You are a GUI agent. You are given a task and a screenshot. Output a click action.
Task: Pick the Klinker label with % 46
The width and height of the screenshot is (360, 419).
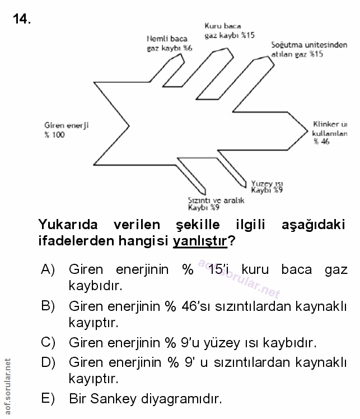click(330, 133)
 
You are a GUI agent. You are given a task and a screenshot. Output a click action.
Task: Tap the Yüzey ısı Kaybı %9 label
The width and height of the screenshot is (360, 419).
click(267, 187)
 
